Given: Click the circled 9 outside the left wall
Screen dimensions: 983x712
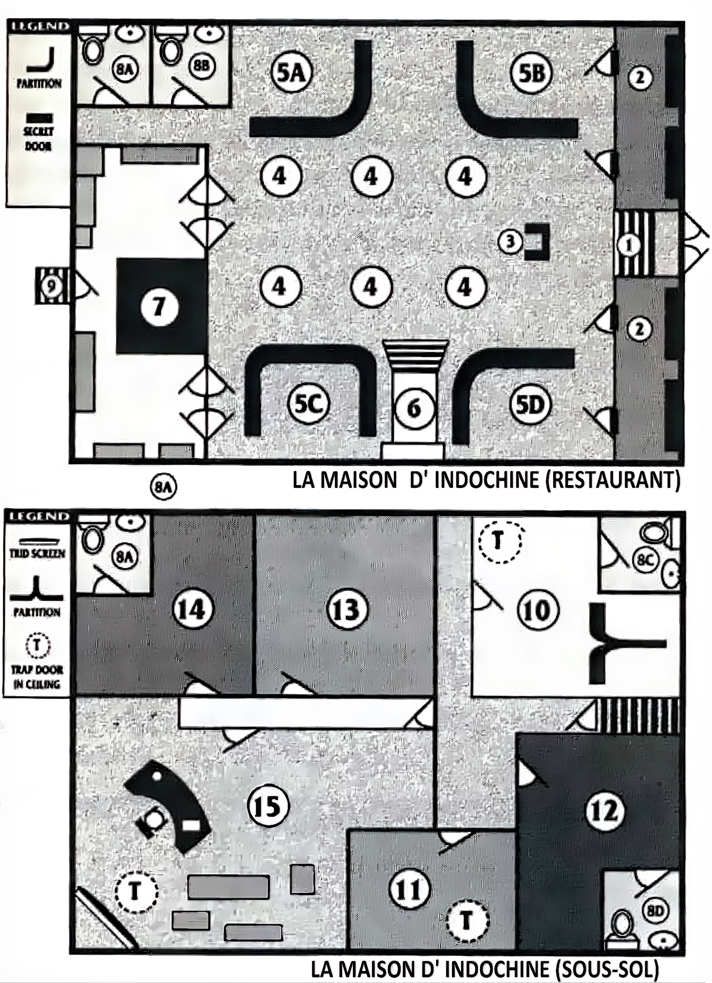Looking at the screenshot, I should pos(52,286).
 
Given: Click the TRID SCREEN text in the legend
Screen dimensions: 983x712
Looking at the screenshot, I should pos(38,554).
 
